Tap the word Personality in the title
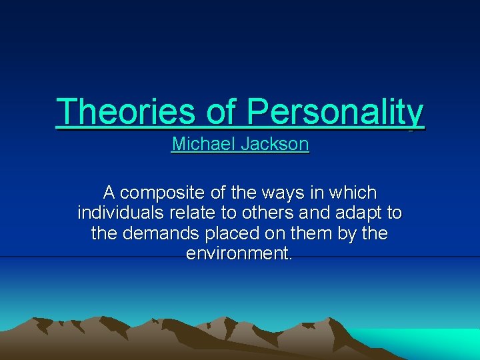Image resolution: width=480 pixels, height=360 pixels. click(x=335, y=111)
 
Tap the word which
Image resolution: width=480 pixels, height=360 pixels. click(x=355, y=193)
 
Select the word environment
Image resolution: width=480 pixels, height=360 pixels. click(x=239, y=254)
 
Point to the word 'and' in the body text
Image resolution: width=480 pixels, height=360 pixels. click(x=307, y=213)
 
